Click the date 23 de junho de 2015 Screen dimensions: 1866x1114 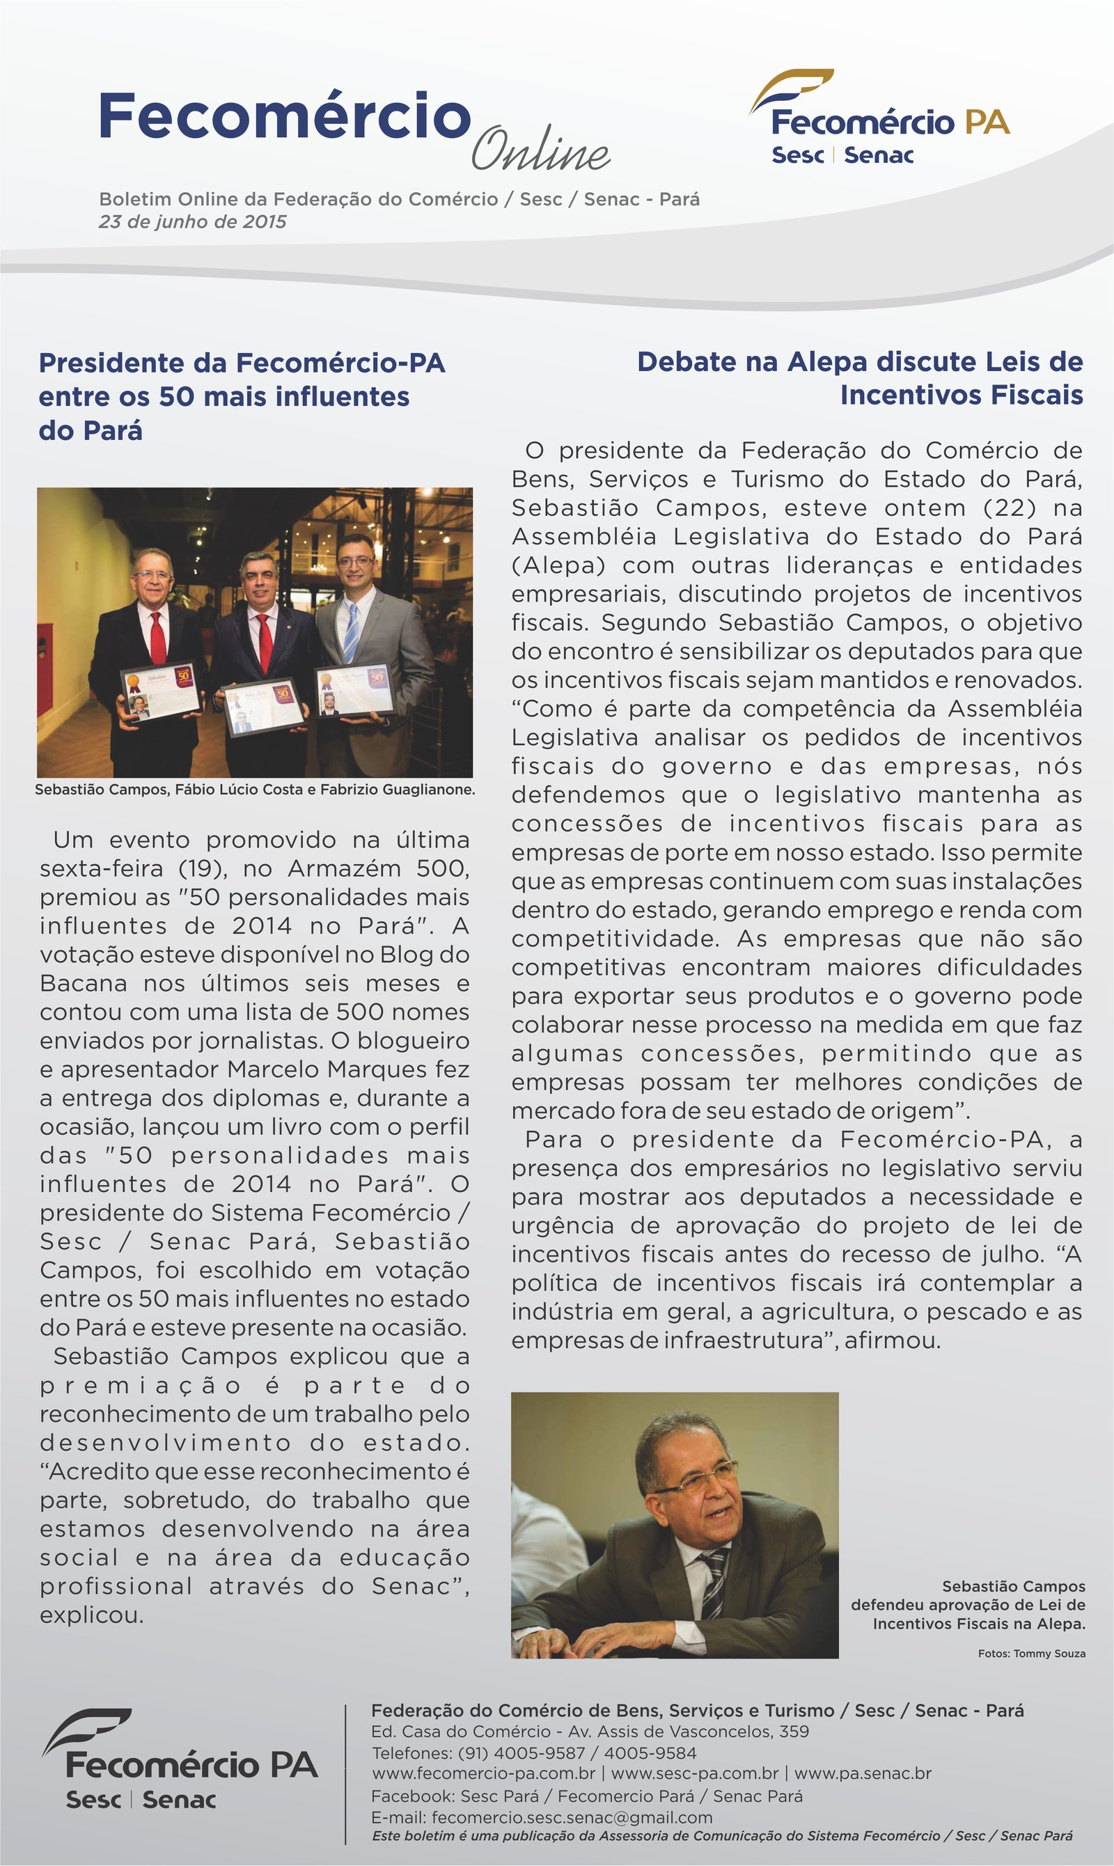click(x=192, y=221)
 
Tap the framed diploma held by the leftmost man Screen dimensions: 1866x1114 click(x=161, y=689)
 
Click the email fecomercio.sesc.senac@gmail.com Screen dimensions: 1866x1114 click(x=572, y=1817)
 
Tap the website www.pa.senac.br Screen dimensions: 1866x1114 click(x=863, y=1773)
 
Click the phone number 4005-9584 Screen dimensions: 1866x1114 click(x=650, y=1753)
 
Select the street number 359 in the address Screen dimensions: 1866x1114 click(x=794, y=1732)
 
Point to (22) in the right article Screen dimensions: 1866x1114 click(x=1010, y=508)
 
